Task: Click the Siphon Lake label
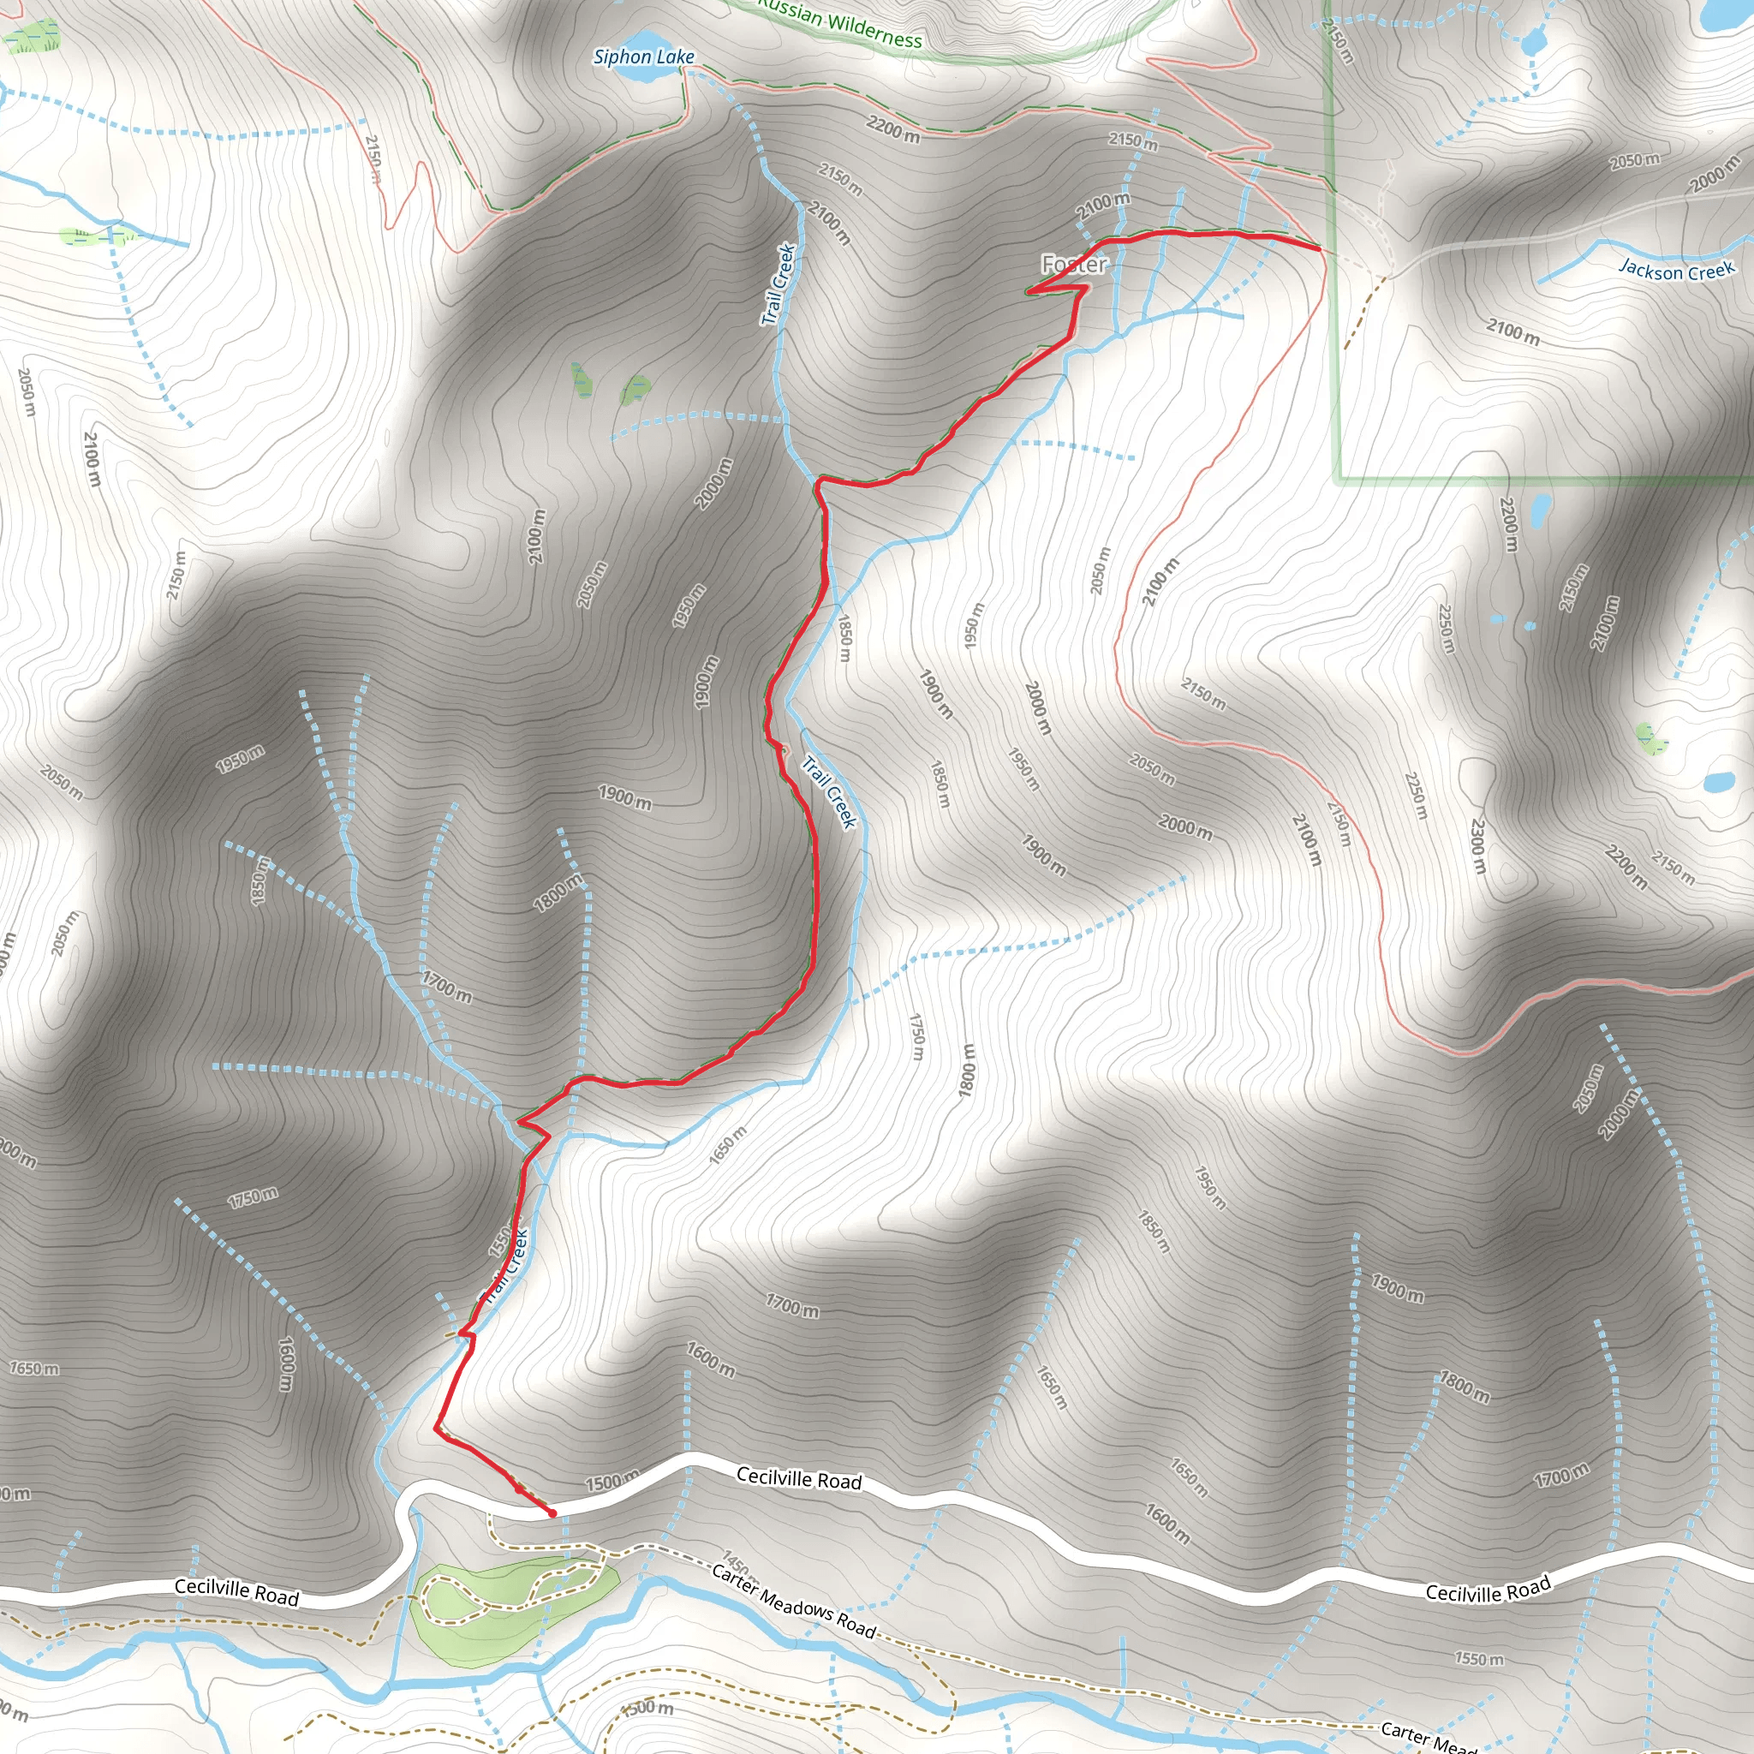coord(644,57)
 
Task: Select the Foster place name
coord(1074,264)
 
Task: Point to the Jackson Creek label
coord(1677,270)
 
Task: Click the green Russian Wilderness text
coord(840,24)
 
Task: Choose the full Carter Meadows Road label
coord(793,1602)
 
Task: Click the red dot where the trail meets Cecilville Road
coord(552,1513)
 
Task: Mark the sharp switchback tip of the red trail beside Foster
coord(1028,292)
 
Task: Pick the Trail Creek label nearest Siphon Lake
coord(779,284)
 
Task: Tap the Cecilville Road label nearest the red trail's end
coord(799,1479)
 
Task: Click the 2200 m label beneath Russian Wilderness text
coord(892,130)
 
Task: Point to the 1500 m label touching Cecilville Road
coord(611,1483)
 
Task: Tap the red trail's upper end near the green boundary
coord(1318,246)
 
